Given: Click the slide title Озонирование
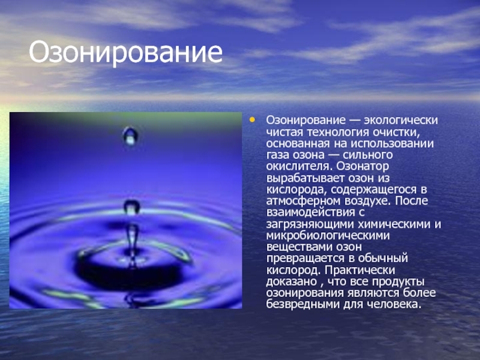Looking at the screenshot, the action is pyautogui.click(x=125, y=53).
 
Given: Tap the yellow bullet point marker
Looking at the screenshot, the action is pyautogui.click(x=252, y=119).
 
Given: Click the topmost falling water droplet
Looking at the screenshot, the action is pyautogui.click(x=130, y=136).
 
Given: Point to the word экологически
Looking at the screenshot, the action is pyautogui.click(x=401, y=121).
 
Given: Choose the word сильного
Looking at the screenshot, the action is pyautogui.click(x=368, y=155).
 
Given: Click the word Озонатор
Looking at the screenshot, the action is pyautogui.click(x=362, y=166).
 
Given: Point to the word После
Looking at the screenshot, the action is pyautogui.click(x=412, y=201).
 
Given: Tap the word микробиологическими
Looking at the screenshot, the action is pyautogui.click(x=328, y=236).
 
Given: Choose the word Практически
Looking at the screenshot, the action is pyautogui.click(x=360, y=270).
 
